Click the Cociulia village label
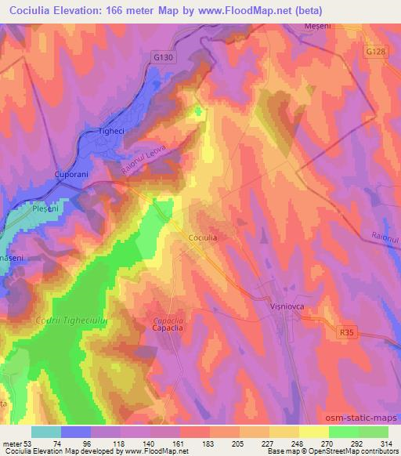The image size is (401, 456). tap(204, 236)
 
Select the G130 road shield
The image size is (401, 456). tap(163, 56)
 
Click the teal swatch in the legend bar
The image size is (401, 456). tap(46, 432)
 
